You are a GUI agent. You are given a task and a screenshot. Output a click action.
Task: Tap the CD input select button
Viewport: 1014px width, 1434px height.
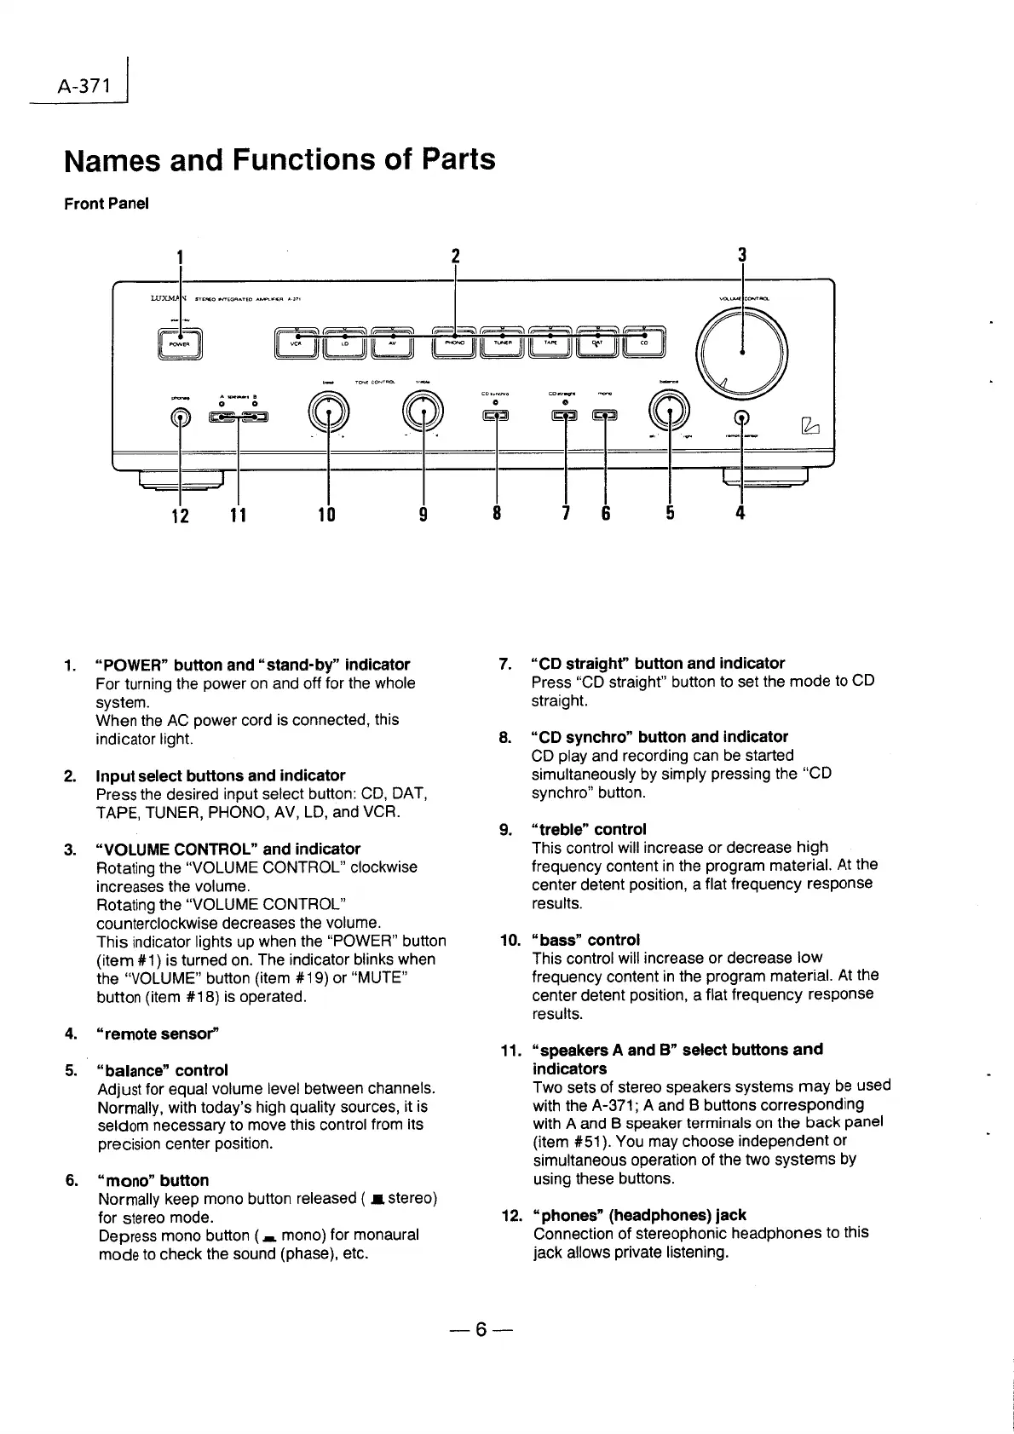(x=643, y=343)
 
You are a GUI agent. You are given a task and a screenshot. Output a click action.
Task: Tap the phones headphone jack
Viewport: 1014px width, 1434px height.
(x=180, y=418)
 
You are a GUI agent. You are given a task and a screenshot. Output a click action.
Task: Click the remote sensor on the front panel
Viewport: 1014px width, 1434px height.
(x=743, y=418)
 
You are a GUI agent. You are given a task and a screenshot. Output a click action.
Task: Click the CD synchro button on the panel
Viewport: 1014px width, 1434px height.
(x=496, y=416)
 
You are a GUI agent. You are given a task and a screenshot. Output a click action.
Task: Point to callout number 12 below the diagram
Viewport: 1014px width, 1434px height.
(x=180, y=515)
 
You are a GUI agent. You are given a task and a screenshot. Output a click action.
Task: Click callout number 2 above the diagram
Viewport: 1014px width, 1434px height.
(x=455, y=256)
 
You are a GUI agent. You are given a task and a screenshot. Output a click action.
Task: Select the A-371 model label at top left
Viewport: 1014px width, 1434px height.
(x=84, y=85)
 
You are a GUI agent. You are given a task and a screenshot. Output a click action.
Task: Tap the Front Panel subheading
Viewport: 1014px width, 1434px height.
(x=107, y=204)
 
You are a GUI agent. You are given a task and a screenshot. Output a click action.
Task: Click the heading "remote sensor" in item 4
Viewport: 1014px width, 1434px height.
(x=158, y=1034)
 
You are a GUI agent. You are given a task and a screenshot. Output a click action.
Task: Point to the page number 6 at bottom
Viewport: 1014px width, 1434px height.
(x=481, y=1329)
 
